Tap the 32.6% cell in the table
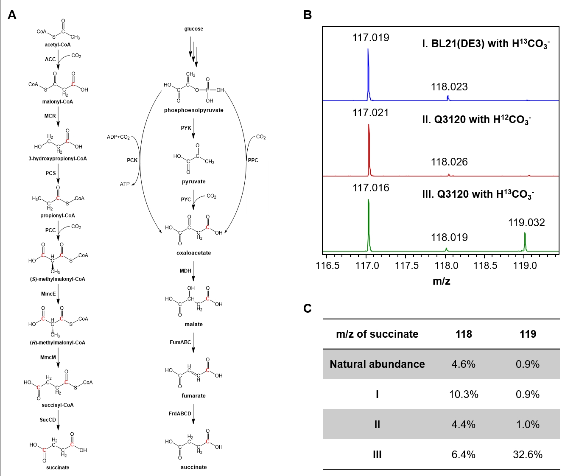528,454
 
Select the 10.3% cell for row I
464,394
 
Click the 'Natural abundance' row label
377,364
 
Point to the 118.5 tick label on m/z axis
485,266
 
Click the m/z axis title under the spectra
441,281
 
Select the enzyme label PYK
186,128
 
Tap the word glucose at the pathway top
193,29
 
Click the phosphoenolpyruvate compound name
193,110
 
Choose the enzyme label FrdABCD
180,414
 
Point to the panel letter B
308,15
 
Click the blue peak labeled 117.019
368,72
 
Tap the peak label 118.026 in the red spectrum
449,162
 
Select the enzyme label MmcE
48,294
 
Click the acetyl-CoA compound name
58,45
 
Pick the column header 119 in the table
528,334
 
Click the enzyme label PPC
253,160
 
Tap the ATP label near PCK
124,184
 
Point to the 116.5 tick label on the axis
327,266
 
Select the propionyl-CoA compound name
58,216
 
